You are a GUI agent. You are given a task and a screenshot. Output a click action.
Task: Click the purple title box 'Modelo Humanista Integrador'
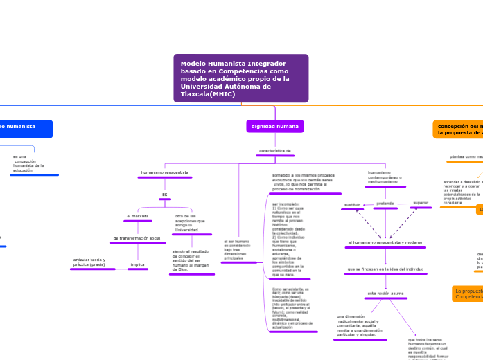(241, 78)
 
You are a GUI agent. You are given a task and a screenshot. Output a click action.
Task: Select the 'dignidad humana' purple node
(275, 127)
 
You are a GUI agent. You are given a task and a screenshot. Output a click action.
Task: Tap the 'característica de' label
(275, 150)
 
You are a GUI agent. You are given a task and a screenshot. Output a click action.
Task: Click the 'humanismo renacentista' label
(165, 172)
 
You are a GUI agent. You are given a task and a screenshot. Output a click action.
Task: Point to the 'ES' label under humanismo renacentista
(165, 195)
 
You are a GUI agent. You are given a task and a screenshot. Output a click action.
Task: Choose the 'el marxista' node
(138, 216)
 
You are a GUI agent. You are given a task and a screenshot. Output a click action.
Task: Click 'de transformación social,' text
(137, 238)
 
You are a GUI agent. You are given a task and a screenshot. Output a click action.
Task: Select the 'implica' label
(138, 264)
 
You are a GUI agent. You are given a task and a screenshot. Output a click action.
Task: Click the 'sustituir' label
(352, 205)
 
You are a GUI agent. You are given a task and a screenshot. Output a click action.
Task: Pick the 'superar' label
(421, 204)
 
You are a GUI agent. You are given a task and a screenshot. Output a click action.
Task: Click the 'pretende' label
(385, 204)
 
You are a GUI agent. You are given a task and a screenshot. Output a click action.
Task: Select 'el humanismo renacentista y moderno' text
(385, 243)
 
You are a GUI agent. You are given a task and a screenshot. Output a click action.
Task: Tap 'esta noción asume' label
(385, 294)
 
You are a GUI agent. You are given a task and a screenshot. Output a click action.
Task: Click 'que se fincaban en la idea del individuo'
(385, 269)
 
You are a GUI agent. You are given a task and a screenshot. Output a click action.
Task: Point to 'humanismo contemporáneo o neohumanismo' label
(385, 177)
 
